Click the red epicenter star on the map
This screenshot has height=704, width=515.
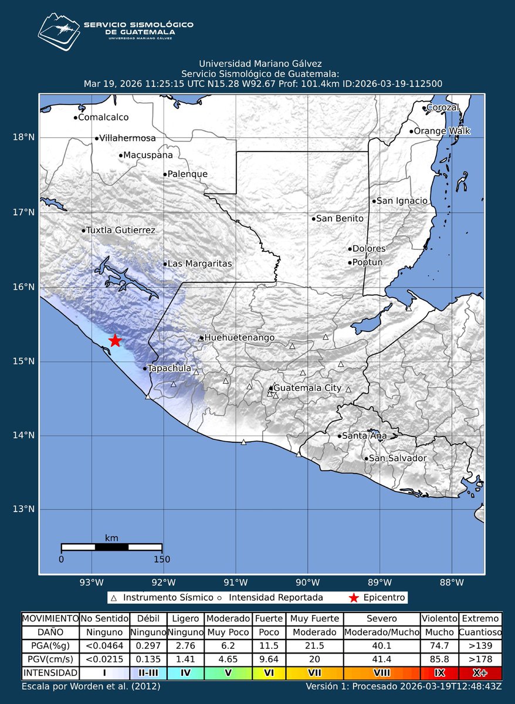point(115,341)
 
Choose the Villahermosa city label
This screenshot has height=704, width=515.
point(127,138)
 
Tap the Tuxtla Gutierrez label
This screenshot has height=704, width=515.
point(120,231)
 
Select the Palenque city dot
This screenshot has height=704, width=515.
point(165,174)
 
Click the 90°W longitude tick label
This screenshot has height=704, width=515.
point(307,583)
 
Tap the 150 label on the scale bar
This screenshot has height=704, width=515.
point(161,559)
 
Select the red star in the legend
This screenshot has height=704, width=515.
point(353,598)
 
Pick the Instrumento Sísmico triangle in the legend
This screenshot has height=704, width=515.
point(114,598)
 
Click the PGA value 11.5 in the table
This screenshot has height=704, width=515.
point(268,646)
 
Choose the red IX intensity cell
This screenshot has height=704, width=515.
point(438,672)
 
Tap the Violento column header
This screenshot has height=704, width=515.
point(438,618)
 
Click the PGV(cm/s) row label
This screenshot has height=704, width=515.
point(49,659)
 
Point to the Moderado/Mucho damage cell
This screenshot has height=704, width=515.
point(381,633)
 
